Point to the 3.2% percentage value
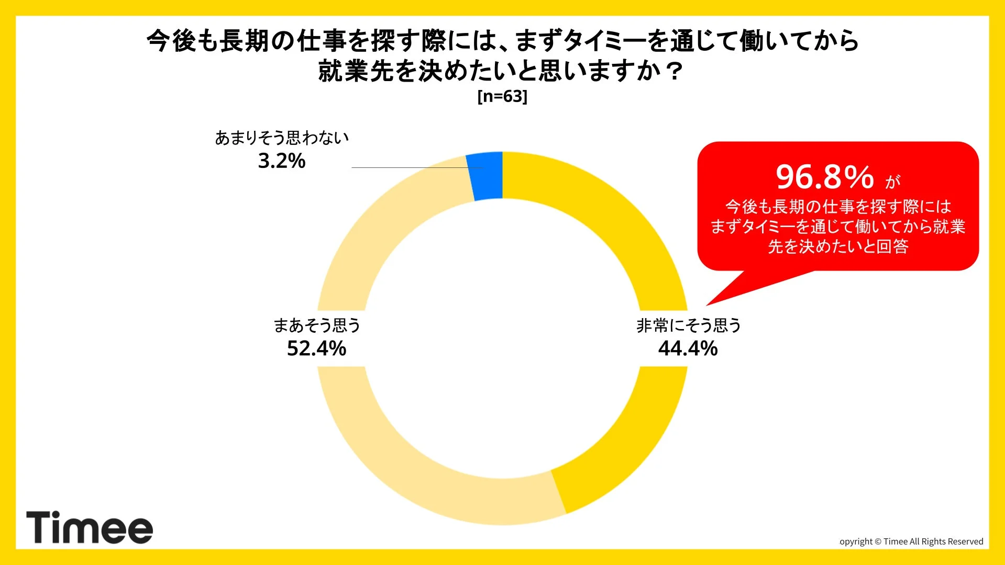(281, 161)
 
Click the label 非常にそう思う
(688, 325)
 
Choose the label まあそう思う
(317, 325)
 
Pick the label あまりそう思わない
(282, 138)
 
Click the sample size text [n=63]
(502, 96)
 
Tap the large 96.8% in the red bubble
(825, 177)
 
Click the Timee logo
(90, 527)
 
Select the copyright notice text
(911, 541)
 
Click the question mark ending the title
(675, 71)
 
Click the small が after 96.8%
(893, 182)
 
